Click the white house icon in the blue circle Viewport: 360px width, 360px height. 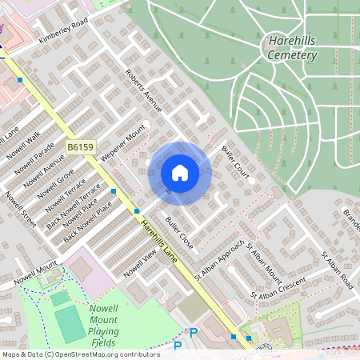click(x=180, y=172)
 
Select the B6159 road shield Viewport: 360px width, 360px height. click(x=80, y=147)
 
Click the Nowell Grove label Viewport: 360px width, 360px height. click(x=60, y=186)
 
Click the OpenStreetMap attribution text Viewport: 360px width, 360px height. click(x=80, y=354)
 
